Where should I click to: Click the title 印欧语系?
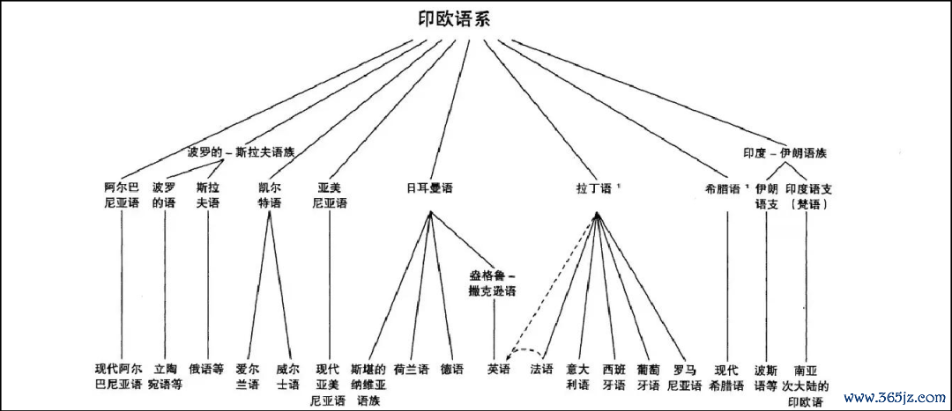coord(455,19)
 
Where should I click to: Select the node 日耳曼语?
coord(430,188)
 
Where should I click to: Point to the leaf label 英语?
coord(498,369)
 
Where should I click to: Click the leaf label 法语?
coord(541,369)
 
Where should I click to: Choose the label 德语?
coord(451,369)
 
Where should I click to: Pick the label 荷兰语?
coord(411,369)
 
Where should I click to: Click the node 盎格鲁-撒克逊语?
coord(492,283)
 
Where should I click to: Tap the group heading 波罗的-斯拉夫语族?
coord(241,153)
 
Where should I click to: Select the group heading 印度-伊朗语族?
coord(785,153)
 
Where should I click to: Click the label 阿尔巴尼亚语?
coord(122,195)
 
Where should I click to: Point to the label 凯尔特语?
coord(270,195)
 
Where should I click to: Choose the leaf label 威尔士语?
coord(287,377)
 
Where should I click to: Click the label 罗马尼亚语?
coord(685,377)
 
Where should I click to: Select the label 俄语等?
coord(206,369)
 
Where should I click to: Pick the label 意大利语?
coord(578,377)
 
